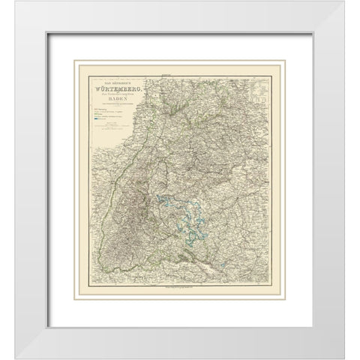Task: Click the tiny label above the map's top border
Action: pos(181,74)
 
